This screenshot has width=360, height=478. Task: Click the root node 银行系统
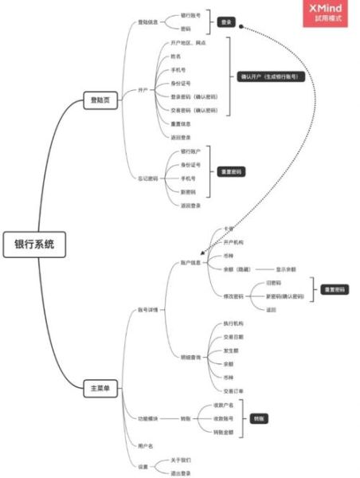[x=34, y=245]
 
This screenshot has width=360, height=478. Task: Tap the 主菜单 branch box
[x=101, y=389]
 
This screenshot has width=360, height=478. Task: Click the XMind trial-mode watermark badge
[x=327, y=13]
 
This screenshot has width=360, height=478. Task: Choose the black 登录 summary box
[x=226, y=22]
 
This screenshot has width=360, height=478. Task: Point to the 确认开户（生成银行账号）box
[x=272, y=77]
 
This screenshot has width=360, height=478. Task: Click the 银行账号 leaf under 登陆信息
[x=190, y=15]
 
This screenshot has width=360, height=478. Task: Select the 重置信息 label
[x=181, y=123]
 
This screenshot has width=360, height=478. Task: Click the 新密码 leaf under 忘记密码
[x=188, y=191]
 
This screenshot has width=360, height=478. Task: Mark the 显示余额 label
[x=286, y=269]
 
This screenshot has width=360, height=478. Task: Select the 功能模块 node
[x=148, y=417]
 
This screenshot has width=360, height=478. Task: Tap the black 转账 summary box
[x=260, y=417]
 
